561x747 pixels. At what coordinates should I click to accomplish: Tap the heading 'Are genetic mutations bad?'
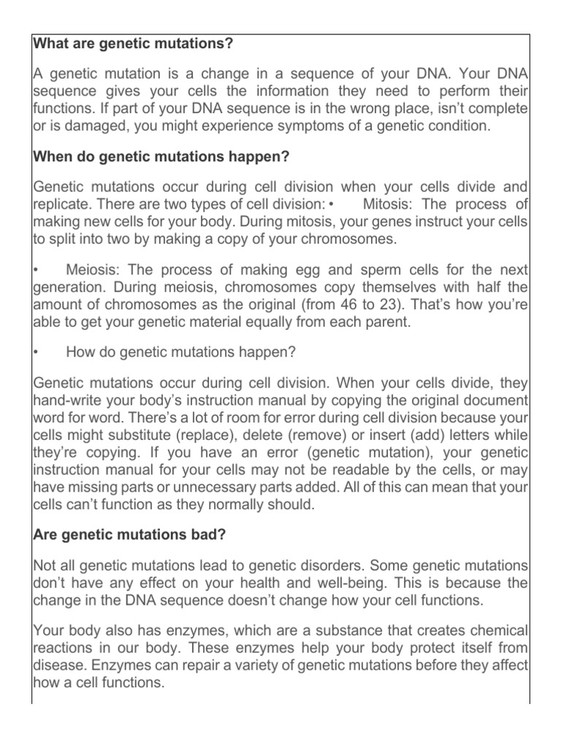coord(129,534)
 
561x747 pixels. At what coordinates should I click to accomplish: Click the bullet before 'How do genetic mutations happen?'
coord(36,352)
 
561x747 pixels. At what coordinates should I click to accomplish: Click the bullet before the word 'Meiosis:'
coord(36,269)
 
